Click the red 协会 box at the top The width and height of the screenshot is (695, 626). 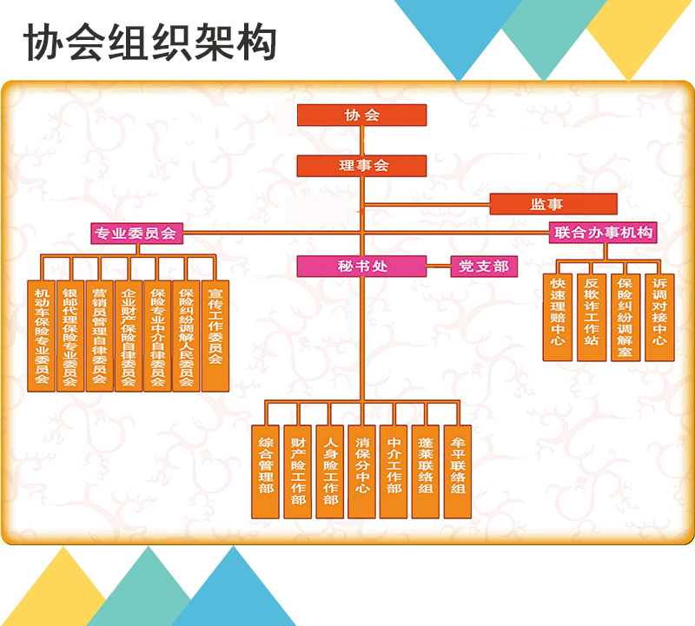tap(361, 115)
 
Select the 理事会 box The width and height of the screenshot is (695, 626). tap(361, 166)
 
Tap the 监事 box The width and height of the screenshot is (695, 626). tap(553, 204)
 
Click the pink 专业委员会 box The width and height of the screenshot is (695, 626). tap(136, 233)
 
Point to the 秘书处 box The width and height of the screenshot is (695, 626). tap(361, 267)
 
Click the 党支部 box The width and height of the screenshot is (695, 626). tap(484, 267)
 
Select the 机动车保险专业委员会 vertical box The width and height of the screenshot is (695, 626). tap(42, 335)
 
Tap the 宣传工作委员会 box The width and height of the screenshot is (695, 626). tap(215, 335)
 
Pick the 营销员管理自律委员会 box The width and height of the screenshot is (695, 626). tap(99, 335)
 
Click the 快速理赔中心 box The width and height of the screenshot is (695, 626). tap(558, 317)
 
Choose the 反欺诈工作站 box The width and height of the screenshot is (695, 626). tap(592, 317)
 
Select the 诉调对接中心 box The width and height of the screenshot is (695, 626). tap(659, 317)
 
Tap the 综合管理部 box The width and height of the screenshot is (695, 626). tap(266, 471)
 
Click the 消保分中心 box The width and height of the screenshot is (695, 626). tap(362, 471)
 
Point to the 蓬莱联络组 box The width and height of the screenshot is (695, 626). tap(426, 471)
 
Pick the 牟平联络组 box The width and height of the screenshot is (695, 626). tap(458, 471)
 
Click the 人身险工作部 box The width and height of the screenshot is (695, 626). tap(330, 471)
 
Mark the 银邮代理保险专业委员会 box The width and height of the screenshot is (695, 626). tap(70, 335)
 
